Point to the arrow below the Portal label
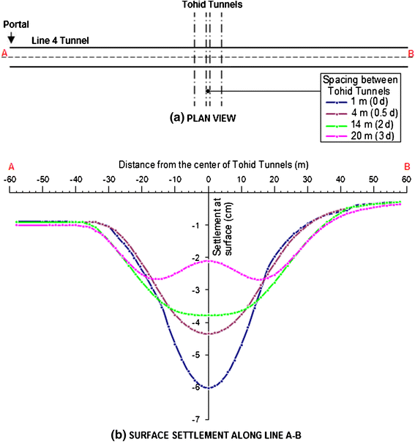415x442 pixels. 10,36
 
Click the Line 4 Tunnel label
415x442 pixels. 60,40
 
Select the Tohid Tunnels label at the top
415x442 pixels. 207,5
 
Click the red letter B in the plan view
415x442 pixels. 411,54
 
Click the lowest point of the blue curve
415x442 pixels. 209,388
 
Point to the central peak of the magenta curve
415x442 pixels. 209,261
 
